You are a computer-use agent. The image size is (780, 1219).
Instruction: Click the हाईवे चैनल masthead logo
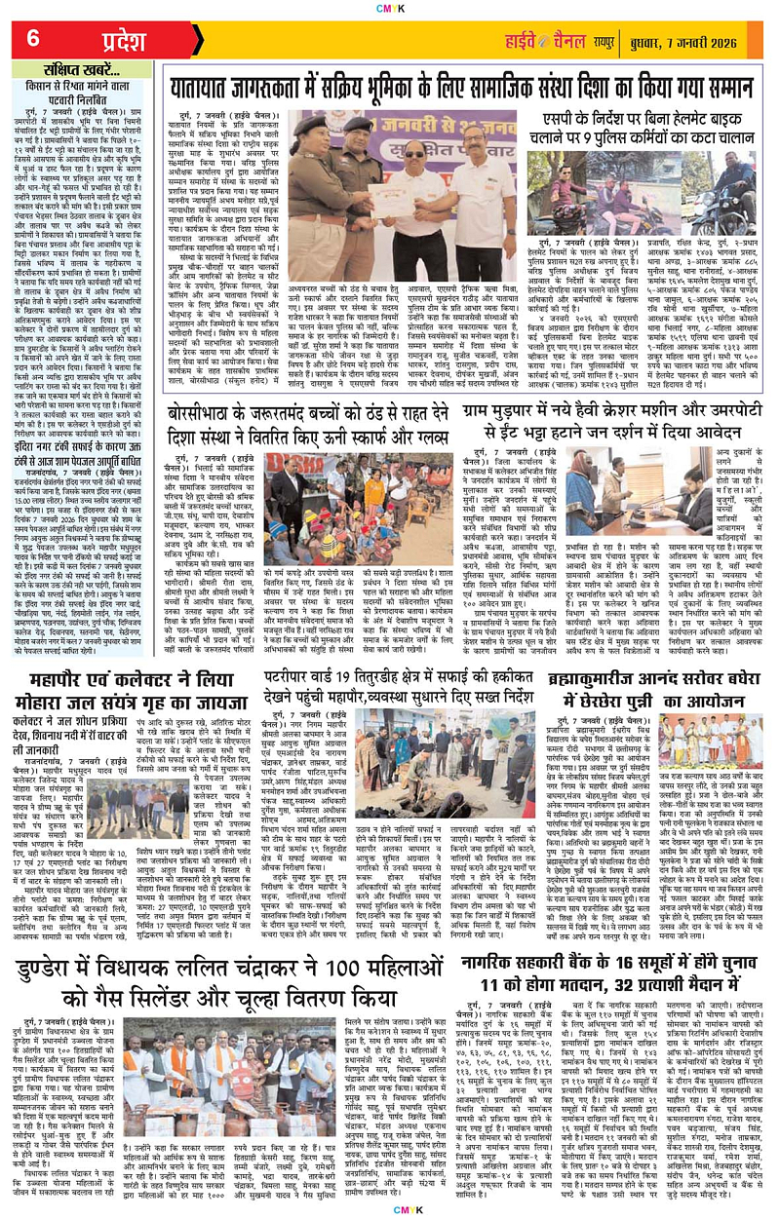pyautogui.click(x=561, y=39)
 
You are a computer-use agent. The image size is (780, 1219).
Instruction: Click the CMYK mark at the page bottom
pyautogui.click(x=389, y=1211)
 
